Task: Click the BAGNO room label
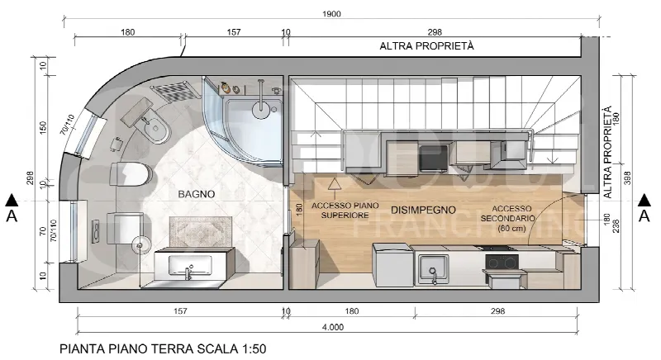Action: tap(197, 194)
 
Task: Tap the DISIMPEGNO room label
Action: tap(423, 210)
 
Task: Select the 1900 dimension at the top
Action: tap(331, 14)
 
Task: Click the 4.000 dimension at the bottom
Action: tap(333, 327)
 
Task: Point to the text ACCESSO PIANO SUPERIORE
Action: tap(345, 210)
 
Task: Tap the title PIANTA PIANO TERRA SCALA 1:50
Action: tap(163, 349)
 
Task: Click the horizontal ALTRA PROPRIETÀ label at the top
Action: tap(426, 46)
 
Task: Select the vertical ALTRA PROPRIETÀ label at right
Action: tap(607, 152)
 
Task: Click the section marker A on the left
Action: tap(12, 208)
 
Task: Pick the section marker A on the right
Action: tap(644, 208)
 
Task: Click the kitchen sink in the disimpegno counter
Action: tap(432, 269)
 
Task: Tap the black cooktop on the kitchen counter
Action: tap(502, 263)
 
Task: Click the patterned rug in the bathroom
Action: tap(201, 232)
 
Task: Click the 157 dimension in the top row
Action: tap(234, 32)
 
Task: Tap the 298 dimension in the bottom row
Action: tap(497, 311)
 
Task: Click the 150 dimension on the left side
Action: tap(43, 128)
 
